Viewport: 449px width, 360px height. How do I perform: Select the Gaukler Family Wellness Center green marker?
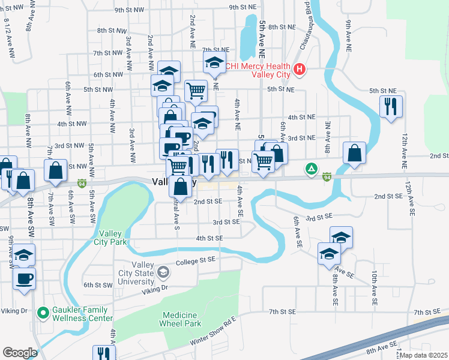click(x=43, y=313)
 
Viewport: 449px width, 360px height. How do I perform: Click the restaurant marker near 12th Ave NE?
click(x=391, y=107)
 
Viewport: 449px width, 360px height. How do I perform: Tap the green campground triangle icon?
click(x=310, y=169)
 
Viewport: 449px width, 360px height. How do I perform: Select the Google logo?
click(x=20, y=352)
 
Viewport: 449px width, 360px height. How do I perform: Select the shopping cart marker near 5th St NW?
click(x=196, y=91)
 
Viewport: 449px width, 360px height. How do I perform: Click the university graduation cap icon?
click(x=162, y=274)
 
